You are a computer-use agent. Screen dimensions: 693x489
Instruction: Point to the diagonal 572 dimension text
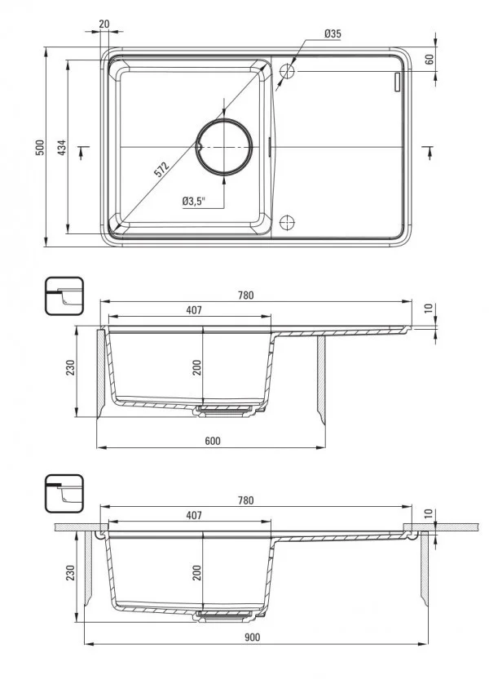pos(161,170)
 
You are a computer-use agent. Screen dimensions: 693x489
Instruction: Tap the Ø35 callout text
pos(332,33)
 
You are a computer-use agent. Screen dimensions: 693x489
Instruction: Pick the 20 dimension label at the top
pos(104,24)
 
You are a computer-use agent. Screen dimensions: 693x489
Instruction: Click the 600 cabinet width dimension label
pos(212,441)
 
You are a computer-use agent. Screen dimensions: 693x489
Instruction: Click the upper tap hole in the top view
pos(287,72)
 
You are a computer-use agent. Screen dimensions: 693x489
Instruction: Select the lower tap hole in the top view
pos(287,223)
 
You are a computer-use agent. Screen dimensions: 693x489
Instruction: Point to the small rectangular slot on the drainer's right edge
pos(397,82)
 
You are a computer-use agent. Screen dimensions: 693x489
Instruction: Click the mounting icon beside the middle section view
pos(64,295)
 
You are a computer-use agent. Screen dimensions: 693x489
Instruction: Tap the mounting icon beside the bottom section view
pos(64,491)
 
